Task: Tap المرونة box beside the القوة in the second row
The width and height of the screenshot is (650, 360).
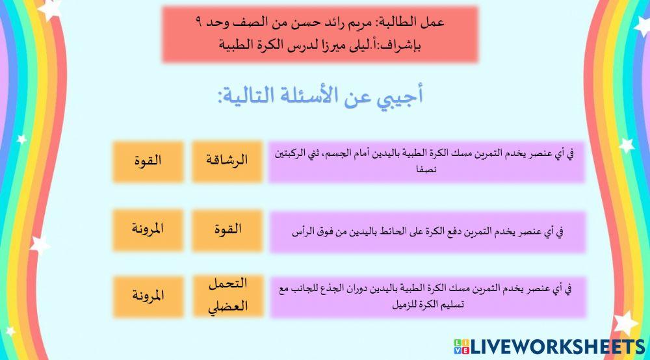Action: coord(148,229)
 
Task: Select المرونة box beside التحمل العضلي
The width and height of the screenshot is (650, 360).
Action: coord(148,296)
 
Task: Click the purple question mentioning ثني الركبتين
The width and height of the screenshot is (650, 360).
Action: coord(426,161)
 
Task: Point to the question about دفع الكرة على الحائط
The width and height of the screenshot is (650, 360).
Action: coord(426,230)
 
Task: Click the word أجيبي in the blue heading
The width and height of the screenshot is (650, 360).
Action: coord(401,96)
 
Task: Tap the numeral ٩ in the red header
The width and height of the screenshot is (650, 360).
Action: coord(198,23)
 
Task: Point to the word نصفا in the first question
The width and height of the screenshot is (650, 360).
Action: coord(426,170)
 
